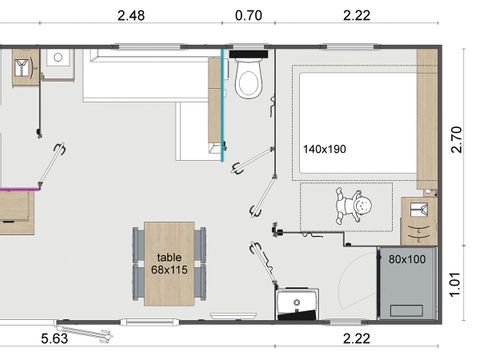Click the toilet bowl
248,80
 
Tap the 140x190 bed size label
324,149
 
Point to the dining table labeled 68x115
168,263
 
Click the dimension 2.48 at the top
131,15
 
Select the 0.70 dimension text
248,15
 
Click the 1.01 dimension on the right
457,284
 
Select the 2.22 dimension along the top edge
359,15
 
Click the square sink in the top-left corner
57,63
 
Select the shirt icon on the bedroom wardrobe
418,213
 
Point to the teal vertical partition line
223,100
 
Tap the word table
169,256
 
